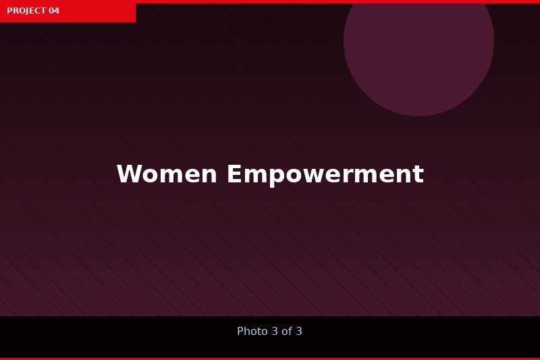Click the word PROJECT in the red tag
pyautogui.click(x=26, y=11)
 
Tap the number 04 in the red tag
pyautogui.click(x=54, y=11)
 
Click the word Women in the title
pyautogui.click(x=167, y=174)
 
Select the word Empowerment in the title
pyautogui.click(x=325, y=176)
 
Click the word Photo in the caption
pyautogui.click(x=252, y=331)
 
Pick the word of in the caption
pyautogui.click(x=287, y=331)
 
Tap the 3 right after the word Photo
pyautogui.click(x=275, y=331)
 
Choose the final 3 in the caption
pyautogui.click(x=299, y=331)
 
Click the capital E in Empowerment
pyautogui.click(x=234, y=174)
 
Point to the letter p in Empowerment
pyautogui.click(x=276, y=178)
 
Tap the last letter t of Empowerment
pyautogui.click(x=418, y=175)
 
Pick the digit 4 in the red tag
pyautogui.click(x=57, y=11)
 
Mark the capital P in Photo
pyautogui.click(x=240, y=331)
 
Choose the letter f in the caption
pyautogui.click(x=290, y=331)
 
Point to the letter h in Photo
pyautogui.click(x=248, y=331)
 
